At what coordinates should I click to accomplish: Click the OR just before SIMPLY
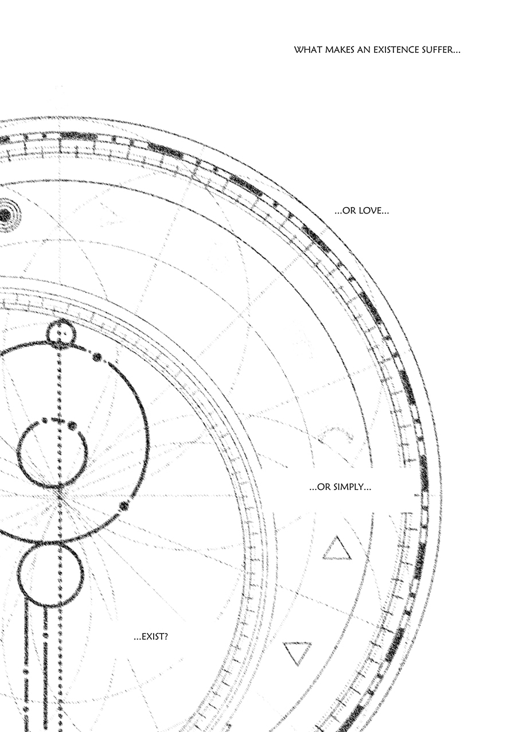coord(323,487)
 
